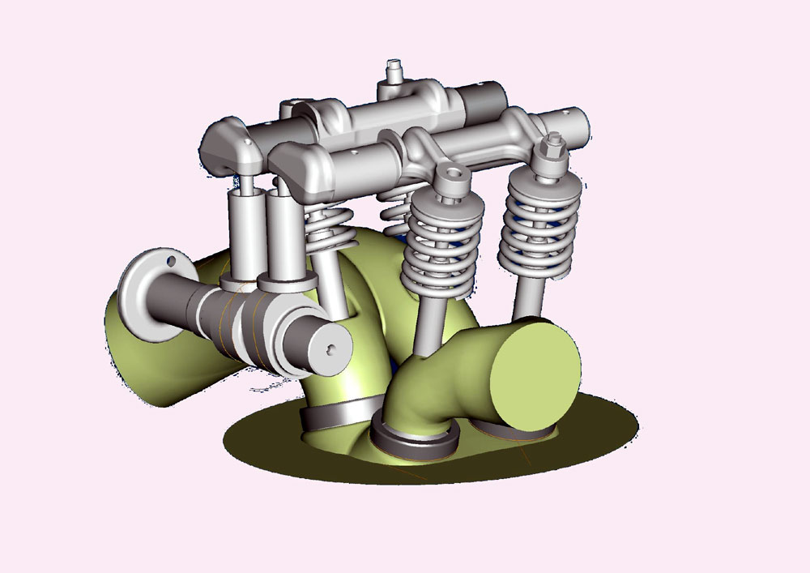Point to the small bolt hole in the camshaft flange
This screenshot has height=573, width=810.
(171, 262)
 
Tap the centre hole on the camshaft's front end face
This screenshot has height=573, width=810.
(330, 349)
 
